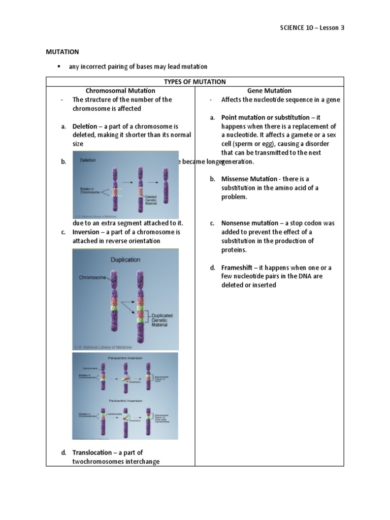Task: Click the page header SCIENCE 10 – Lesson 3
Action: click(x=312, y=27)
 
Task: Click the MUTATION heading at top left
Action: click(x=62, y=52)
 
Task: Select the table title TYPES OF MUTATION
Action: click(x=195, y=82)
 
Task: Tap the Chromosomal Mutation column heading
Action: click(x=120, y=90)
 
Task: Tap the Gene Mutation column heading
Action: click(x=269, y=90)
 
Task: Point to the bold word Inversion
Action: click(x=86, y=232)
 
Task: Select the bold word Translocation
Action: click(x=92, y=452)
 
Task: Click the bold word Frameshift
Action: click(x=238, y=267)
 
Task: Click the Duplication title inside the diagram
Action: click(x=125, y=259)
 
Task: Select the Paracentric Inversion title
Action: click(x=124, y=358)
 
